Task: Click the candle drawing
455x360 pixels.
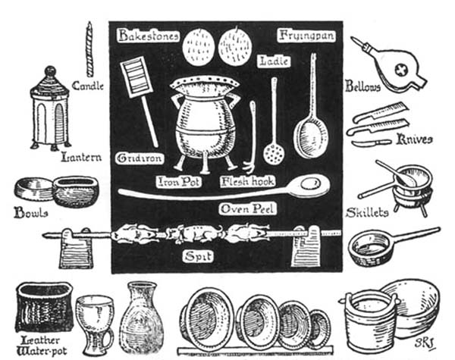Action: coord(89,49)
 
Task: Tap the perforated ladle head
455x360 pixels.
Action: coord(274,153)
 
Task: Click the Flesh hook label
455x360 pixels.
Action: coord(243,182)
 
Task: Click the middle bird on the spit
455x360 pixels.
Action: coord(194,233)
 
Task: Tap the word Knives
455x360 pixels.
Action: coord(414,140)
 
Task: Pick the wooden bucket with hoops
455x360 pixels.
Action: coord(369,322)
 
